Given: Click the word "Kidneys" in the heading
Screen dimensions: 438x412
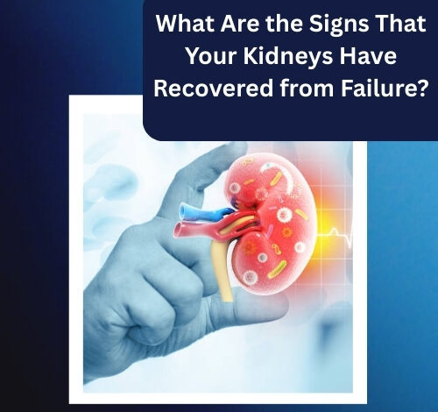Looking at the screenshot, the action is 288,57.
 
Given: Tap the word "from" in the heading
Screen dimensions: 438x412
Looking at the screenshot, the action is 307,89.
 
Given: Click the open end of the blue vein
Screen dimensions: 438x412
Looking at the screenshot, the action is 183,211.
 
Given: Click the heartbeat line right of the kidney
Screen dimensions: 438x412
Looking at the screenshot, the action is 335,235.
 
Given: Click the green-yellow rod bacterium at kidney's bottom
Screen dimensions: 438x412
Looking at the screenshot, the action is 277,269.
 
